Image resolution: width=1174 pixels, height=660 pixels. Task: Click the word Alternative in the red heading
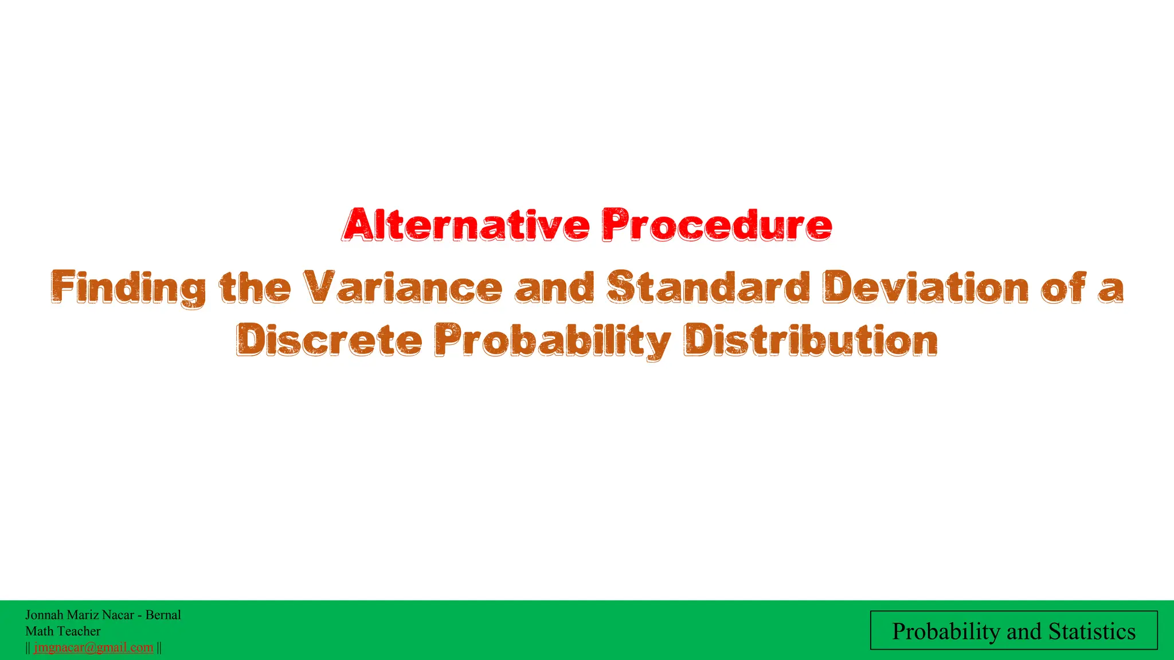466,226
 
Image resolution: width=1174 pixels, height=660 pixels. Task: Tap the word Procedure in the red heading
717,226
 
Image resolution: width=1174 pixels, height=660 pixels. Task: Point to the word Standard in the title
709,287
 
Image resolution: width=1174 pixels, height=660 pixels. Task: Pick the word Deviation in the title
926,287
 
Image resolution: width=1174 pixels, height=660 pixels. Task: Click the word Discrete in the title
330,340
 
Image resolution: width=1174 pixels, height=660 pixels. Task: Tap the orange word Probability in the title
553,341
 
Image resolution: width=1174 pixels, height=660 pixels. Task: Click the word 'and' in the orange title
555,287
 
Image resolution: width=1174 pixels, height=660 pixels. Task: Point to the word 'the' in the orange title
255,287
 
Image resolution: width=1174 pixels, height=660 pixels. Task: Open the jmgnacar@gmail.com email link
93,647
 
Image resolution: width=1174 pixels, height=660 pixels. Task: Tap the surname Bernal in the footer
163,615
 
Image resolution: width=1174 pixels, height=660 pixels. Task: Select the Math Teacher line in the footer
63,631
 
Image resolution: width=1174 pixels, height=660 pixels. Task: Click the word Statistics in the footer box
1092,631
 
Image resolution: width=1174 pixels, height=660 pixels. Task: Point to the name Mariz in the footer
83,615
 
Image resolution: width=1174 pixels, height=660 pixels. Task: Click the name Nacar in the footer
118,615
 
